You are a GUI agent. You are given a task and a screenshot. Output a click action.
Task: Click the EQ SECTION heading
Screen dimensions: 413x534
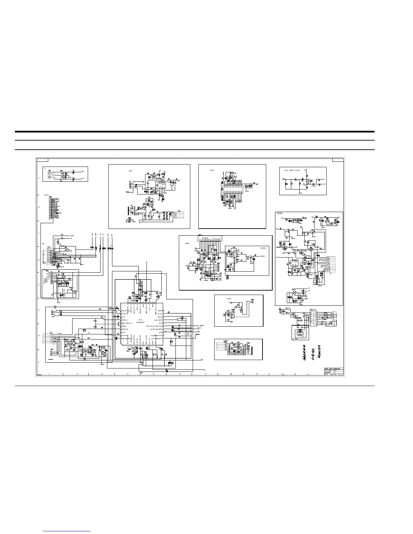pos(292,170)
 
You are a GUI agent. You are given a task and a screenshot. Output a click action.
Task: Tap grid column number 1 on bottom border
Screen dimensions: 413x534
pos(49,375)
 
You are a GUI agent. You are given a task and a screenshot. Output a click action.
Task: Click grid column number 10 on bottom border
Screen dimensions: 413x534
pos(282,375)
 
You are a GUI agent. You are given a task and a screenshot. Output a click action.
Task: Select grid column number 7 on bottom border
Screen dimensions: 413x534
pos(205,375)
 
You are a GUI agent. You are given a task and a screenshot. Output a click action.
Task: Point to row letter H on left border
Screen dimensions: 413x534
pos(39,178)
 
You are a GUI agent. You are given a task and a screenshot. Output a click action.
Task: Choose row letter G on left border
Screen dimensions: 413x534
pos(39,207)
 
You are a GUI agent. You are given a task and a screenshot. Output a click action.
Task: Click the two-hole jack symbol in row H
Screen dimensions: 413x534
pos(50,174)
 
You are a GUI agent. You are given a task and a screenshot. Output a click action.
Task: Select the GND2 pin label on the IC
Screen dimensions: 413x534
pos(124,327)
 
